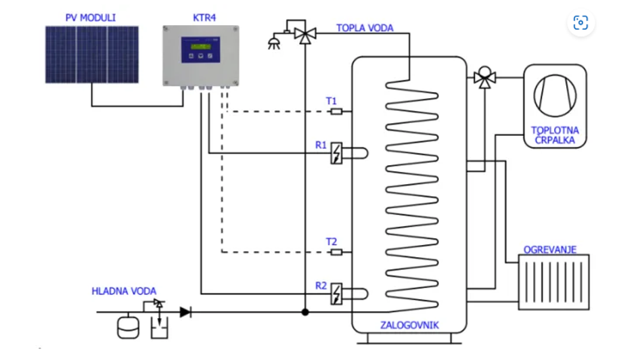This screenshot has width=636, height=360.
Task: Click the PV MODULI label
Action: point(91,17)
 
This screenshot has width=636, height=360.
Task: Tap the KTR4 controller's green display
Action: point(200,47)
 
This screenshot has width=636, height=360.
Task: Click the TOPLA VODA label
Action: point(365,28)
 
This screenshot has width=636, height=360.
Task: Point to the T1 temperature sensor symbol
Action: point(336,111)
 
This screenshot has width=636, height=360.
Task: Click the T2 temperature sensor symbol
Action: point(336,252)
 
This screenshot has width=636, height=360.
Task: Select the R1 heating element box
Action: point(336,154)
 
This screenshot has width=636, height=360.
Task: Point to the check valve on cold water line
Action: point(185,312)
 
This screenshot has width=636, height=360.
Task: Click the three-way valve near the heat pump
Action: point(484,77)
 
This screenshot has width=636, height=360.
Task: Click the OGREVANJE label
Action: point(550,250)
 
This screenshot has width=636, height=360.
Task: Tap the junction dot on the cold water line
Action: point(306,312)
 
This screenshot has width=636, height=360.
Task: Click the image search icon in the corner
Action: point(581,23)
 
